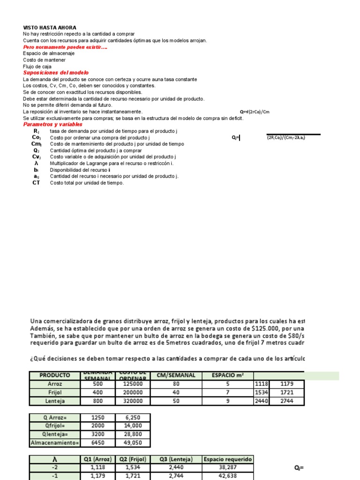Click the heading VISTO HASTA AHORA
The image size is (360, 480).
pos(50,28)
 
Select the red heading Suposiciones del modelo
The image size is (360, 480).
pos(56,73)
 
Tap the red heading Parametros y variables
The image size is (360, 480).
pos(52,124)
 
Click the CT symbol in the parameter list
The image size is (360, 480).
pos(36,183)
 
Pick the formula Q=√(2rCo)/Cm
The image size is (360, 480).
pos(255,112)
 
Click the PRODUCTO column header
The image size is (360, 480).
pos(54,375)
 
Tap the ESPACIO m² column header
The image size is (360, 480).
pos(229,375)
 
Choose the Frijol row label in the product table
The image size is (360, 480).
pos(54,392)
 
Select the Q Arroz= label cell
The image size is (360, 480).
pos(54,417)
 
